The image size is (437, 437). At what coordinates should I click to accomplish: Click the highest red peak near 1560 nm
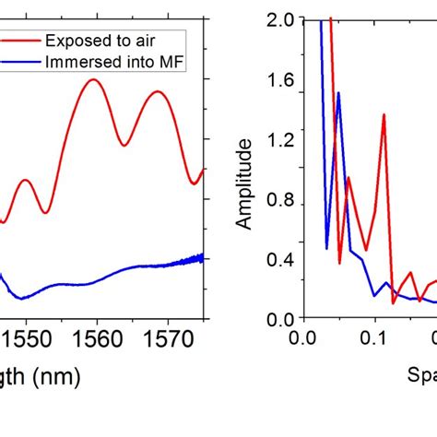coord(92,79)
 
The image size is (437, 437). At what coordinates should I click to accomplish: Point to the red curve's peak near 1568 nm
coord(157,91)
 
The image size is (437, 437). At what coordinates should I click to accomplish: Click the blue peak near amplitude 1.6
coord(338,93)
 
